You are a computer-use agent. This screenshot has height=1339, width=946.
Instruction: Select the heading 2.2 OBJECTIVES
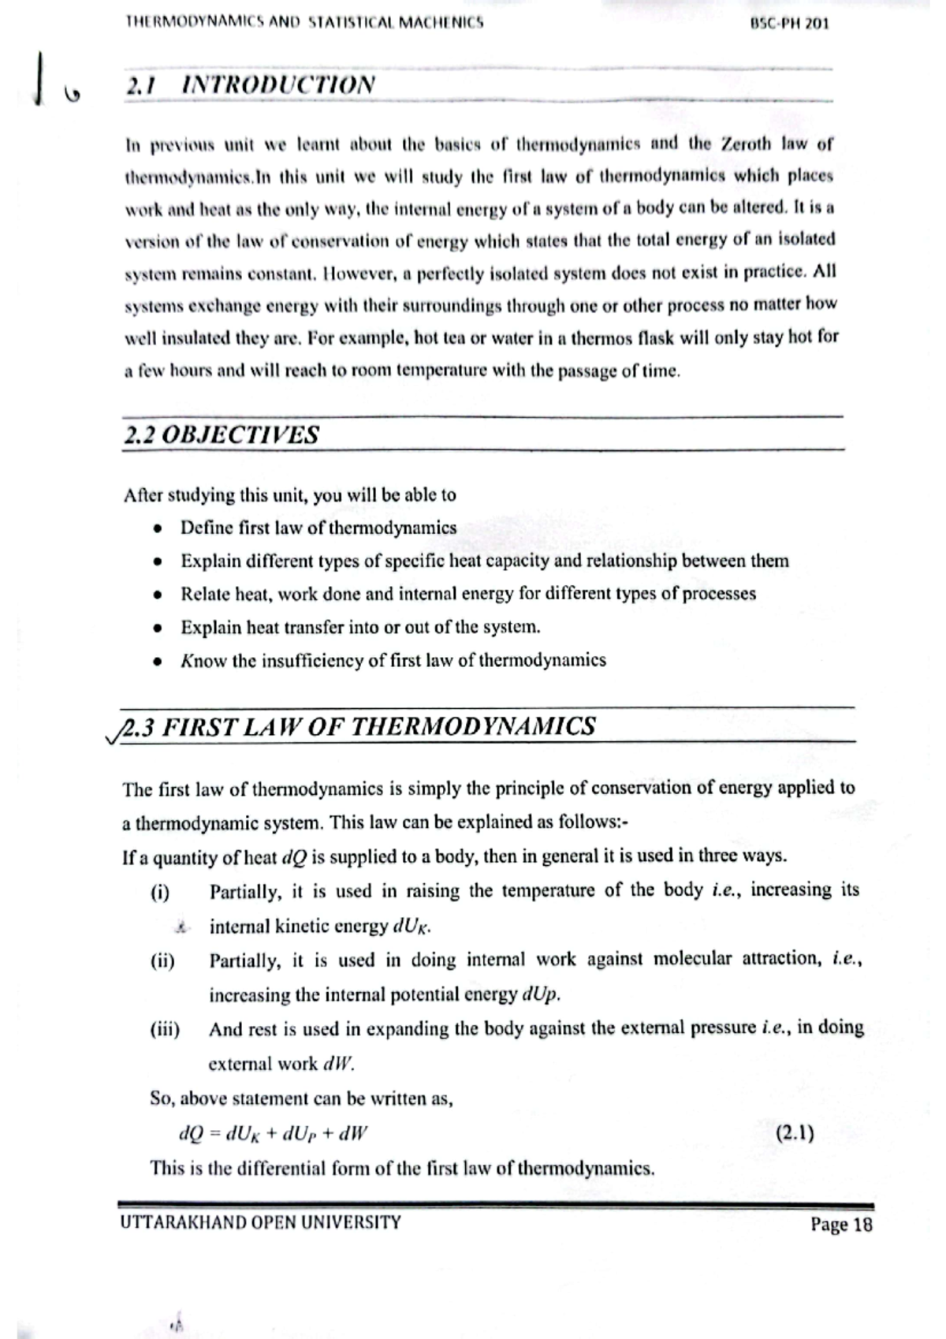tap(222, 435)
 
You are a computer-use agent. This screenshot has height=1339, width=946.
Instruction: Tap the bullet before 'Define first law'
tap(159, 528)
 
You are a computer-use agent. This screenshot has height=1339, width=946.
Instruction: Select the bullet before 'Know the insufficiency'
tap(159, 661)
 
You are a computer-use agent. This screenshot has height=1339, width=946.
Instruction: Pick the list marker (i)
tap(160, 892)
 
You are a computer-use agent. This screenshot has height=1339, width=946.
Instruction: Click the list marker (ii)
tap(162, 960)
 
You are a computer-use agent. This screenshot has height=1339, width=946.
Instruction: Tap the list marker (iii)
tap(165, 1029)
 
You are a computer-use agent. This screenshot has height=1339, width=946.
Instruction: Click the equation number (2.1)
tap(795, 1133)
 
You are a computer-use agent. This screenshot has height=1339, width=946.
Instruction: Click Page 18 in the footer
tap(841, 1224)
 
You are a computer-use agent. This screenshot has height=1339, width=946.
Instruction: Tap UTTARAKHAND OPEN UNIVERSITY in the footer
tap(261, 1222)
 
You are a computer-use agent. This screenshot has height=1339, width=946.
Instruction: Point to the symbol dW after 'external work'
tap(339, 1064)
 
